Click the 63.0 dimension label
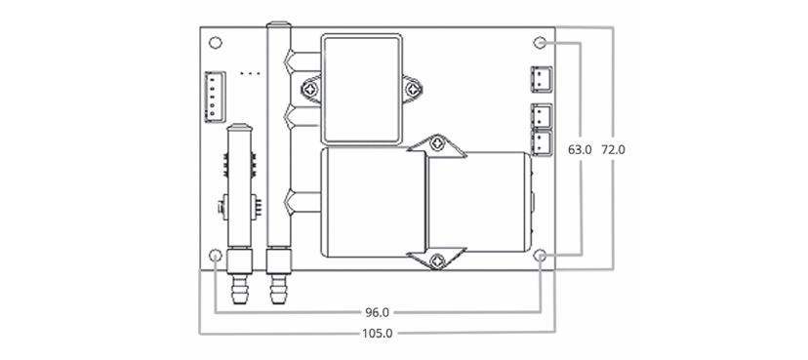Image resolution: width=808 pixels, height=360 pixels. point(580,150)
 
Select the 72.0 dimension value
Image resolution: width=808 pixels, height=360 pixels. point(613,150)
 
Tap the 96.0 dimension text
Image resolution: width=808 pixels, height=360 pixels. point(378,312)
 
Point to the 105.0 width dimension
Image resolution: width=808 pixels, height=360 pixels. point(378,334)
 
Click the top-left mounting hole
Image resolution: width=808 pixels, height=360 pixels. point(216,43)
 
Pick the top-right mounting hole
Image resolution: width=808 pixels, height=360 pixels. point(540,43)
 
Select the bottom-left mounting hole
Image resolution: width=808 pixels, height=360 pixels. point(216,255)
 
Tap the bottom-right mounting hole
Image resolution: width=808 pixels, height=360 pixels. point(540,255)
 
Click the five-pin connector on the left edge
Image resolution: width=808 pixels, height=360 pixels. point(215,97)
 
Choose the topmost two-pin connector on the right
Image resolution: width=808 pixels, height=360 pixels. point(541,79)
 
